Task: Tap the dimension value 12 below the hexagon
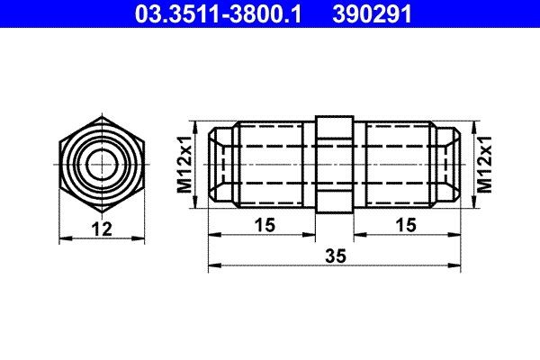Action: tap(103, 230)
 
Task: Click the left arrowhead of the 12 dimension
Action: tap(63, 238)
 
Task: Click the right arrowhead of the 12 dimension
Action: tap(142, 238)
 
